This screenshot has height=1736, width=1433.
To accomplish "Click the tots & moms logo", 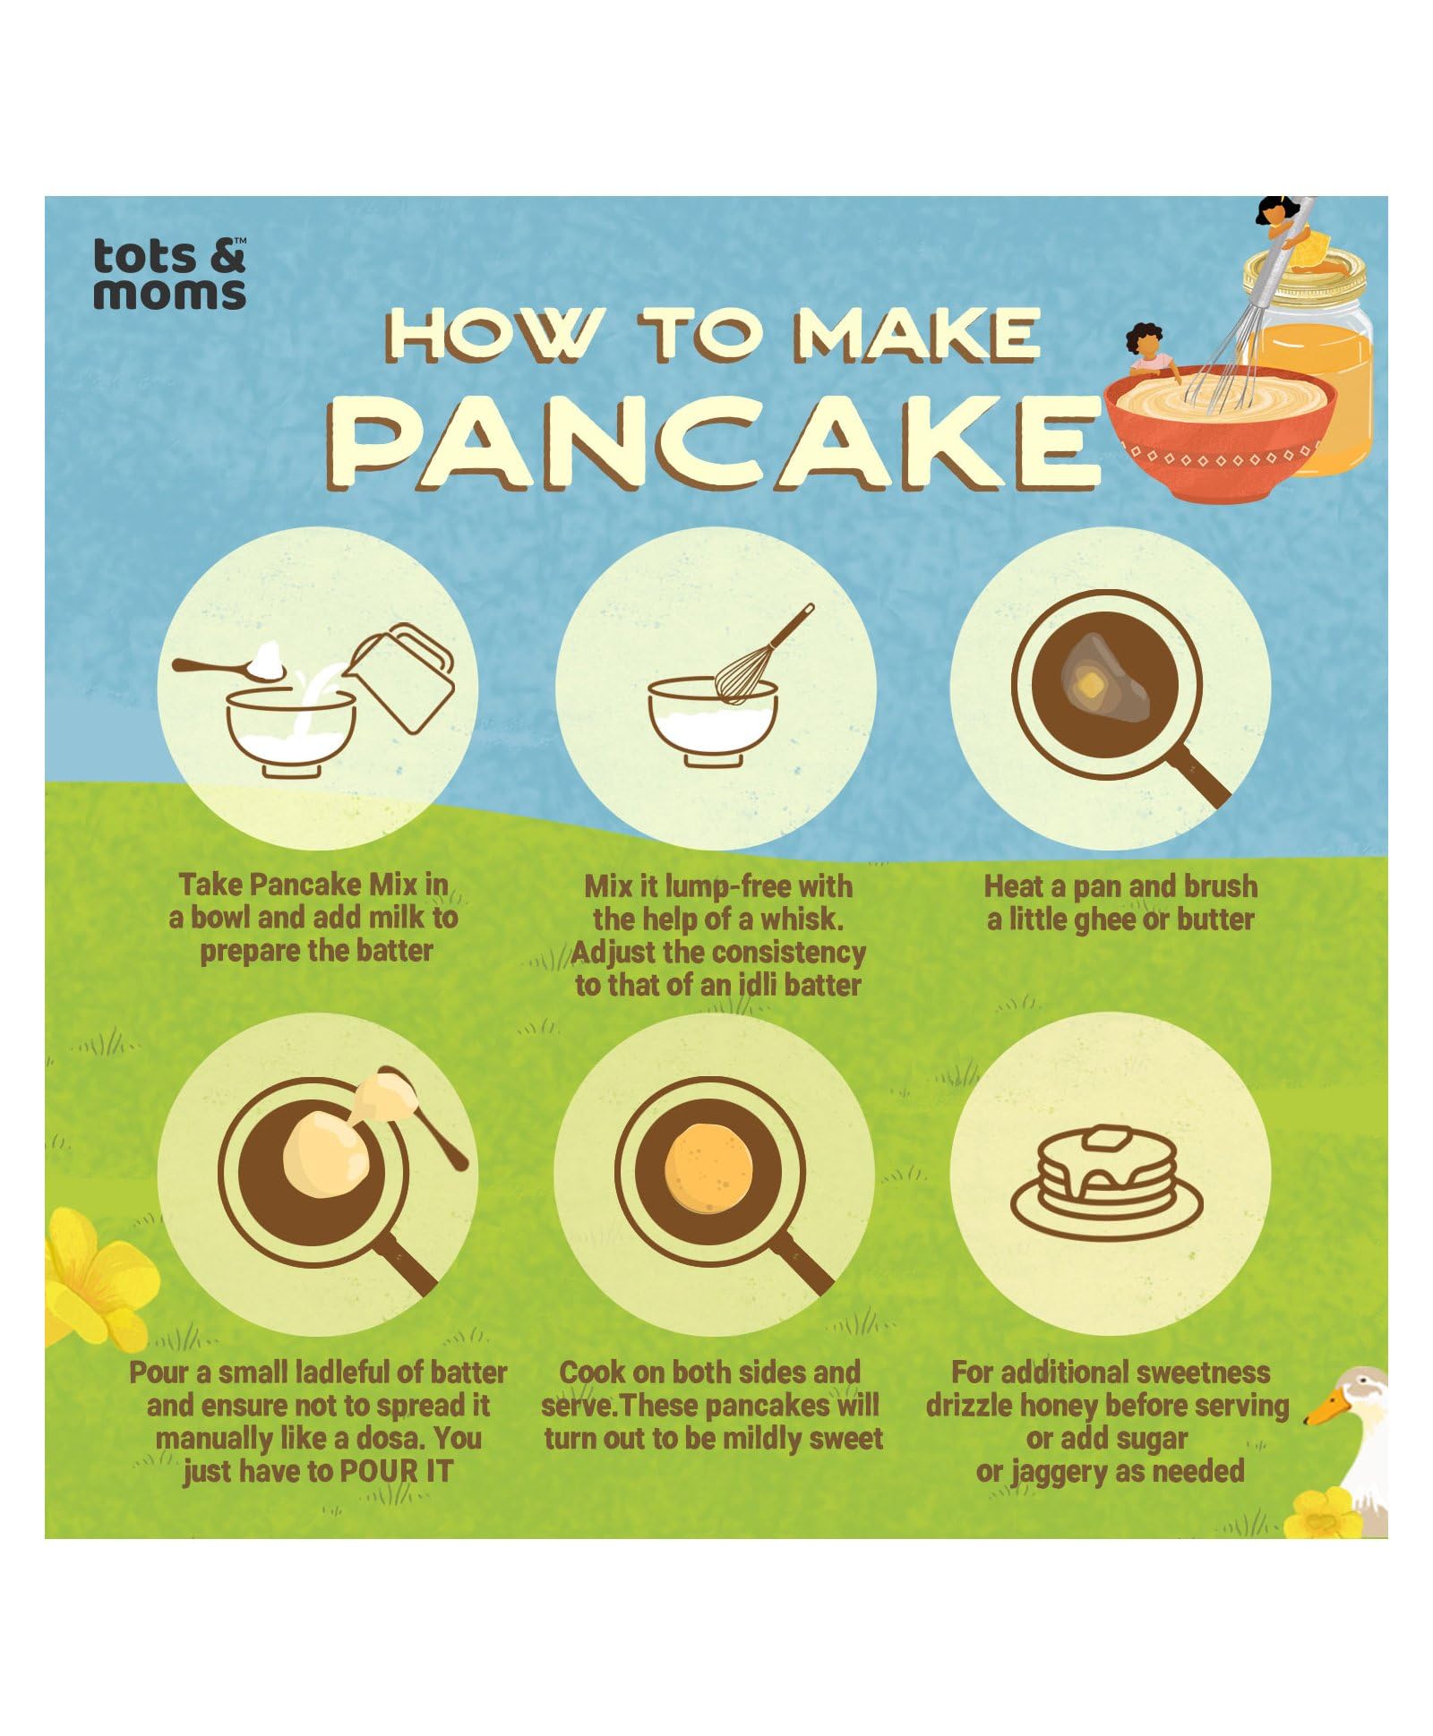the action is tap(169, 273).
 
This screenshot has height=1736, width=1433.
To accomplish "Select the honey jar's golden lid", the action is tap(1305, 271).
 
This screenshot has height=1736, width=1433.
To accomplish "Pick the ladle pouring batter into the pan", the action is tap(408, 1114).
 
